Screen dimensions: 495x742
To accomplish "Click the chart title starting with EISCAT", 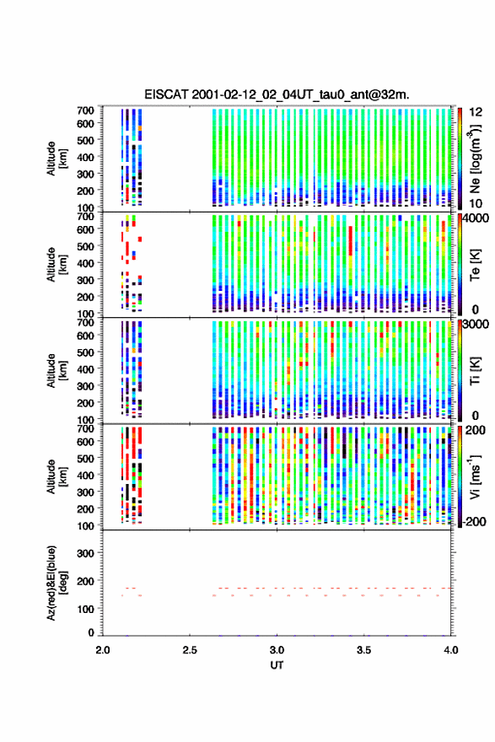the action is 277,94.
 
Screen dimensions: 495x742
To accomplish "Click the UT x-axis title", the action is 277,665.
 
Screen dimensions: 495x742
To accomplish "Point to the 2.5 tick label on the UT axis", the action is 190,650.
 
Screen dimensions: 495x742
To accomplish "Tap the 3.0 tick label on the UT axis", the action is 277,650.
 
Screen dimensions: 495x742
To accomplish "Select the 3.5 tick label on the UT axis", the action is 364,650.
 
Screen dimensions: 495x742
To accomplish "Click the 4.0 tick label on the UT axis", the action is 451,650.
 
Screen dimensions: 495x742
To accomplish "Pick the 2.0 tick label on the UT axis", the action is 103,650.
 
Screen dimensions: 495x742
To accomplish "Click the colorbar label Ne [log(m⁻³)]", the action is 475,159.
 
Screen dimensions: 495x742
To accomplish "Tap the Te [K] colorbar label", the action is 475,265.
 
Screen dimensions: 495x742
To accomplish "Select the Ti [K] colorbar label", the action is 475,370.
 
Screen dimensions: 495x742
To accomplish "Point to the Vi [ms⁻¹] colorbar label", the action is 475,476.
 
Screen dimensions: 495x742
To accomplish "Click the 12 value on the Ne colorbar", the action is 476,112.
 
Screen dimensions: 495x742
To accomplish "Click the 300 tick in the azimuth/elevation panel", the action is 85,553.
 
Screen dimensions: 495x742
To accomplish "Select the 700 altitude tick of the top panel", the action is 85,110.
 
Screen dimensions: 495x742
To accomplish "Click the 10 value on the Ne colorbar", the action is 476,203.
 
